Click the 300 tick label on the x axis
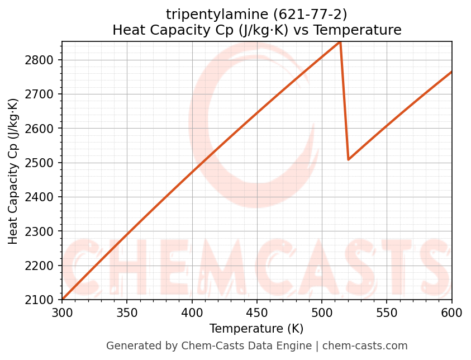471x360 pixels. point(62,312)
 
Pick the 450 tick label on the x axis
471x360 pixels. point(257,312)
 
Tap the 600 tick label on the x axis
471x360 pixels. point(451,312)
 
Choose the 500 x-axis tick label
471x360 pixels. point(322,312)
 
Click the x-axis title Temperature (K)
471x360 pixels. point(256,328)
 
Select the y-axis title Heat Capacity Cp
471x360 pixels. point(13,170)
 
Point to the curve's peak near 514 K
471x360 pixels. point(340,42)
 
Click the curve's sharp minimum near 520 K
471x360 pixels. point(348,159)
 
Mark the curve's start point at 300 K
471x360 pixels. point(63,299)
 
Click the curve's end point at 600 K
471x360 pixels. point(451,72)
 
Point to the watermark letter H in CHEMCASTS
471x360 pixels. point(132,267)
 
